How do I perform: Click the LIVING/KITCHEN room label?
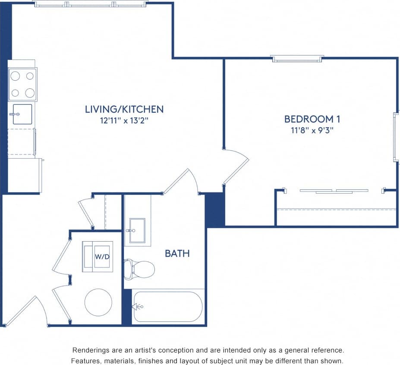pyautogui.click(x=124, y=109)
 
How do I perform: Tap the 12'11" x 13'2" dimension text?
pyautogui.click(x=124, y=120)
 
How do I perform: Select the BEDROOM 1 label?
pyautogui.click(x=309, y=119)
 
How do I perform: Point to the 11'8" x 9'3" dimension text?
pyautogui.click(x=309, y=129)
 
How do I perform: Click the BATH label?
pyautogui.click(x=177, y=253)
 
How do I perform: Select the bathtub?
pyautogui.click(x=168, y=307)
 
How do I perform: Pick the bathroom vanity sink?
pyautogui.click(x=137, y=231)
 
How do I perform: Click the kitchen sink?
pyautogui.click(x=22, y=114)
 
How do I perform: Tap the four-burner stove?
pyautogui.click(x=22, y=84)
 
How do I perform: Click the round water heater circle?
pyautogui.click(x=98, y=302)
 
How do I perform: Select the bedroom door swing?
pyautogui.click(x=236, y=166)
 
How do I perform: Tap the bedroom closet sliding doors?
pyautogui.click(x=334, y=191)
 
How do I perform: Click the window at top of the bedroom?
pyautogui.click(x=297, y=58)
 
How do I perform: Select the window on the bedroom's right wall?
pyautogui.click(x=395, y=137)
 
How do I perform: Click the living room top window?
pyautogui.click(x=91, y=4)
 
